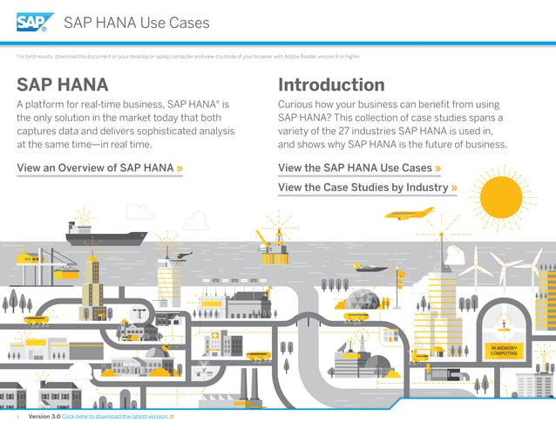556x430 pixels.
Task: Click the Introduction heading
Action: [331, 85]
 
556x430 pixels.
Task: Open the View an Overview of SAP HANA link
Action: [100, 167]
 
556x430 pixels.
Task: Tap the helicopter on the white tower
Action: [181, 256]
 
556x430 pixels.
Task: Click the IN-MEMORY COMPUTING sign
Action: [505, 351]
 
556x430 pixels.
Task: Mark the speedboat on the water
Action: [370, 268]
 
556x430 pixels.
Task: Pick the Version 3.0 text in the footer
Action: [44, 418]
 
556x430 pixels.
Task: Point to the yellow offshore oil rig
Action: [276, 246]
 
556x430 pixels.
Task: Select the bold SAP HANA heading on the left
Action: [63, 85]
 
